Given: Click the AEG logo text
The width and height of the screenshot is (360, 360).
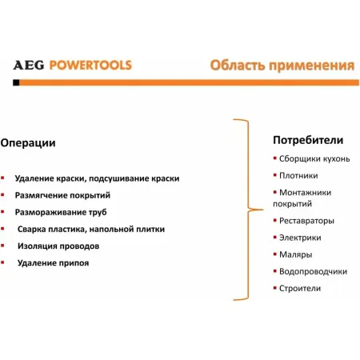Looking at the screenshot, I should coord(29,65).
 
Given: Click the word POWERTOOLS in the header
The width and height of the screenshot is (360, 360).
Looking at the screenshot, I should coord(89,65).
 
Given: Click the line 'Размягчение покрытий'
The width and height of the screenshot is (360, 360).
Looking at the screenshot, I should coord(62,194).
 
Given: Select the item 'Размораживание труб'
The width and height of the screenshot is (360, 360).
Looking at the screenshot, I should coord(61,212).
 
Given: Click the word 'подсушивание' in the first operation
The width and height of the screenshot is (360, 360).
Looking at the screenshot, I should coord(124,178).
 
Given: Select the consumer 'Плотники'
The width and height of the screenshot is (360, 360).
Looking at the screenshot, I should coord(298,175).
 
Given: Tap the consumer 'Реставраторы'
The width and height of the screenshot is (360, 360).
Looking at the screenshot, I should coord(306,220).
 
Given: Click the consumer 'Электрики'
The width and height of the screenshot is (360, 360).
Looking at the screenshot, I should coord(300,237).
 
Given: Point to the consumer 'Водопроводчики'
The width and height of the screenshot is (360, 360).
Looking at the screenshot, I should coord(313,271).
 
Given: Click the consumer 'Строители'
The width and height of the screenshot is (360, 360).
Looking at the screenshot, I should coord(300,288).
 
